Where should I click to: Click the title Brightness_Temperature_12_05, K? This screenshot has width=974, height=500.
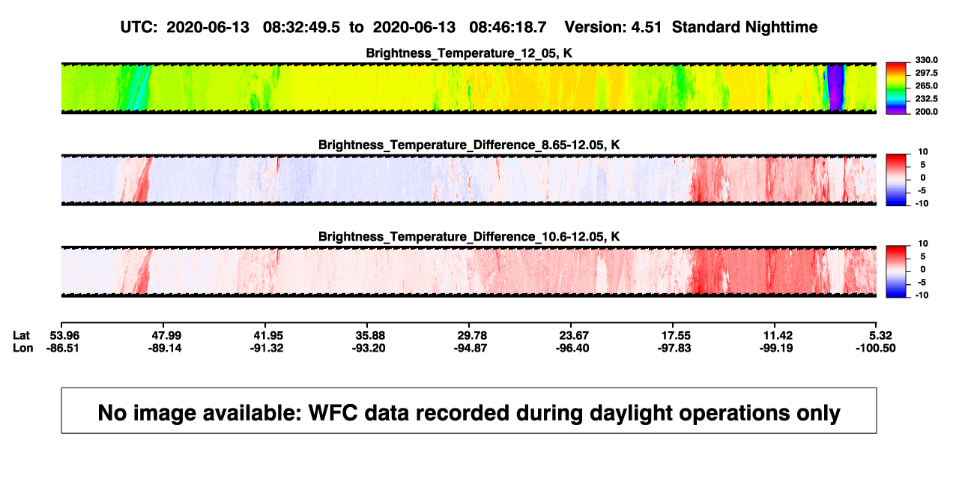pyautogui.click(x=469, y=53)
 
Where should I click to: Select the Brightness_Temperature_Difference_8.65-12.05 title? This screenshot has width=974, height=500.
pyautogui.click(x=469, y=145)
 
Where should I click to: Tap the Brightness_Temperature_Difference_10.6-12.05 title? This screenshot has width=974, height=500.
pyautogui.click(x=469, y=237)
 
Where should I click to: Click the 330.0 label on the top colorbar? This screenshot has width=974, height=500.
pyautogui.click(x=926, y=60)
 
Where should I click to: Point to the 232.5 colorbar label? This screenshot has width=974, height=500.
pyautogui.click(x=926, y=99)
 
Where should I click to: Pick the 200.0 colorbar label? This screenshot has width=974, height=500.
pyautogui.click(x=926, y=112)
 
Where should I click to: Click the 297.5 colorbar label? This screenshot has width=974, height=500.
pyautogui.click(x=926, y=73)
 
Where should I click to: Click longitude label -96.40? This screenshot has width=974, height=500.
pyautogui.click(x=572, y=348)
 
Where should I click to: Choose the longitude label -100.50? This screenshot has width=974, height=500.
pyautogui.click(x=875, y=348)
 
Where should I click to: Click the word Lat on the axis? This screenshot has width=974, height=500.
pyautogui.click(x=21, y=336)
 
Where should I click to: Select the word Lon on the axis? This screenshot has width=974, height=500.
pyautogui.click(x=23, y=348)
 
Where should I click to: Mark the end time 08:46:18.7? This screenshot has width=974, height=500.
pyautogui.click(x=507, y=28)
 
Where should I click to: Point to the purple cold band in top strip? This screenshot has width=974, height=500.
pyautogui.click(x=835, y=87)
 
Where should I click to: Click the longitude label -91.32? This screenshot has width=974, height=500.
pyautogui.click(x=267, y=348)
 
